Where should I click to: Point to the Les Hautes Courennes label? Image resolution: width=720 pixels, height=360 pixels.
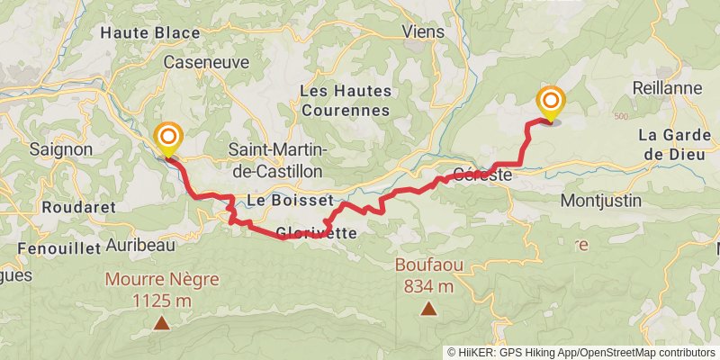pyautogui.click(x=345, y=101)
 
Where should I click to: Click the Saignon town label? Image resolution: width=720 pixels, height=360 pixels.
pyautogui.click(x=60, y=148)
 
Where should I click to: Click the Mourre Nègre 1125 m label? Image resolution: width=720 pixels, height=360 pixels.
pyautogui.click(x=162, y=288)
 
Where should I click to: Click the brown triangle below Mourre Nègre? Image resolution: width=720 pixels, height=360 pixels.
pyautogui.click(x=162, y=321)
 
